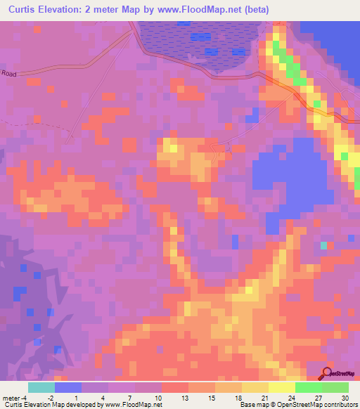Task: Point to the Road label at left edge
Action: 8,73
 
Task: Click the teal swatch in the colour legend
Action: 41,387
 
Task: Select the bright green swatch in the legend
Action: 309,387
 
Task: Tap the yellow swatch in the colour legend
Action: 255,387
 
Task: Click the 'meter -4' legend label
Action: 15,397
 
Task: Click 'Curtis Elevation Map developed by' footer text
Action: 49,405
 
